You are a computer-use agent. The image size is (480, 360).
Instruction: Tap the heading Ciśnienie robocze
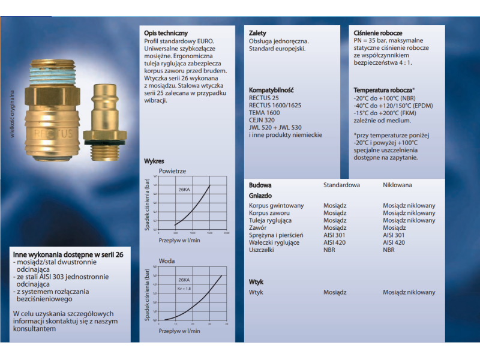378,32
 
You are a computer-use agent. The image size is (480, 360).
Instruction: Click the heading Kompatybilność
271,89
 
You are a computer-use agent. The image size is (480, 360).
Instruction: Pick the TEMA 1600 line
264,112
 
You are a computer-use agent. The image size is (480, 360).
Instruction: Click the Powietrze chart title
172,171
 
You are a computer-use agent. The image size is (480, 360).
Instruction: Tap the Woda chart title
167,261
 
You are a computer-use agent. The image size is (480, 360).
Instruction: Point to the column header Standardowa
341,185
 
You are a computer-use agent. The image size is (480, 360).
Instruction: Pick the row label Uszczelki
262,250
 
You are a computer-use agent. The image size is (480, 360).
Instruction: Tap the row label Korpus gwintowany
276,206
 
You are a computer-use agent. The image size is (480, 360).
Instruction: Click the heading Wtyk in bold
256,281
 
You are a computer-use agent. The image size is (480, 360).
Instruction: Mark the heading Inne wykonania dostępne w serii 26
68,254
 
